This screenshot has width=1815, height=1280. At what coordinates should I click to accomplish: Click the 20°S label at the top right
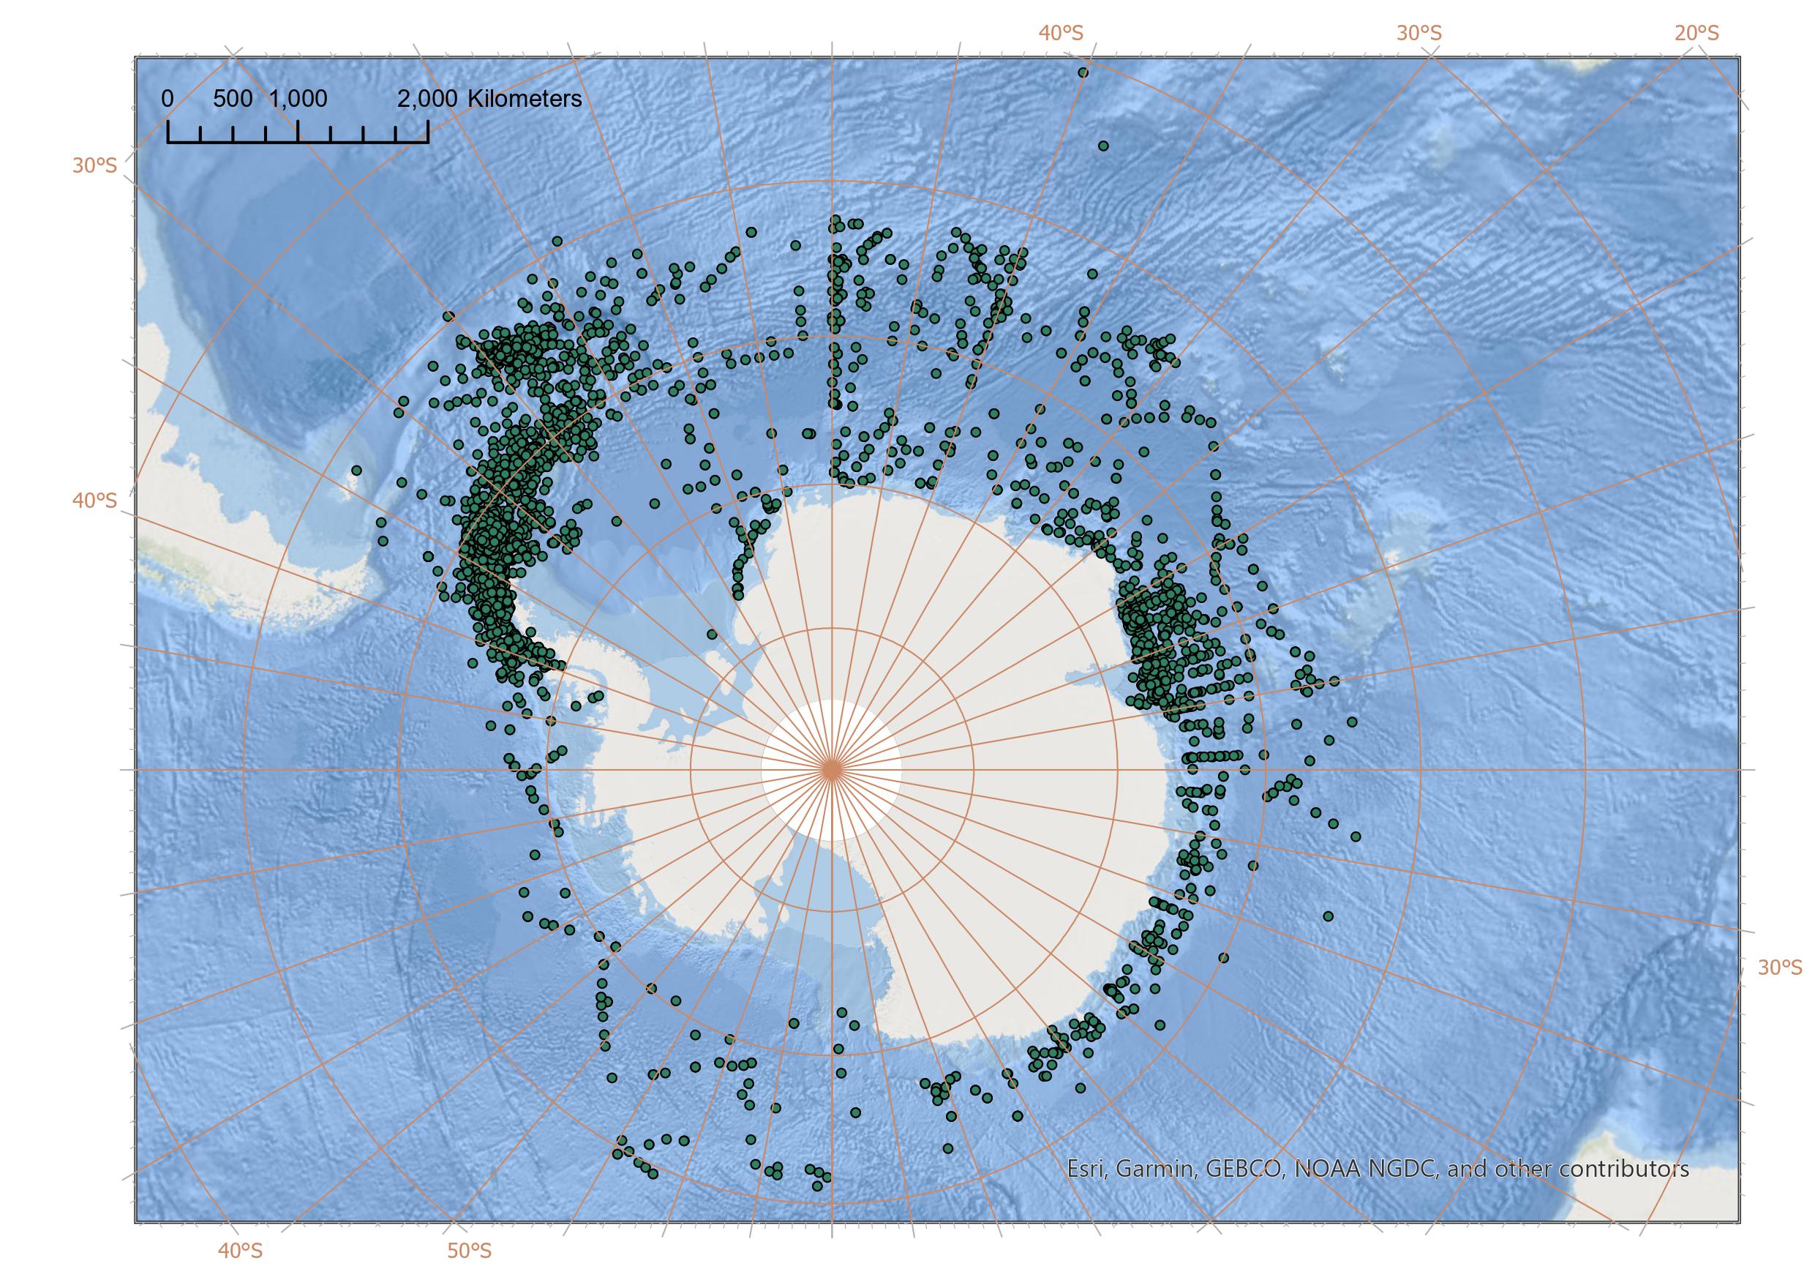pos(1696,33)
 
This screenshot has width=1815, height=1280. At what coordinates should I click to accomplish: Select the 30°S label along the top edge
pos(1419,33)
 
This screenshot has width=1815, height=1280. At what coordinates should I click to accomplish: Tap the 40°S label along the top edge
pos(1061,33)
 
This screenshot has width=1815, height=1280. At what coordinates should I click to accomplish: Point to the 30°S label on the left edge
pos(94,165)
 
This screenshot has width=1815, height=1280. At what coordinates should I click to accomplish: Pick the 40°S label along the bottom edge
pos(240,1250)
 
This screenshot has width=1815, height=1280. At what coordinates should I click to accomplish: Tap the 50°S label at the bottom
pos(470,1250)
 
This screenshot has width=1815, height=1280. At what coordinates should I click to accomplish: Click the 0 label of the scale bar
pos(168,99)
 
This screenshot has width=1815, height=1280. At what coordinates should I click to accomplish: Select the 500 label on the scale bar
pos(233,99)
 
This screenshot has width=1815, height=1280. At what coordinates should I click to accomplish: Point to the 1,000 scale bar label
pos(298,99)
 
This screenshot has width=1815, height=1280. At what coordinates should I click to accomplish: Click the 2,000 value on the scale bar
pos(428,99)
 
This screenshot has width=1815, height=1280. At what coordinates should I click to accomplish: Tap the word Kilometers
pos(525,99)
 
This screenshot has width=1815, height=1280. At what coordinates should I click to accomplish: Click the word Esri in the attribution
pos(1086,1169)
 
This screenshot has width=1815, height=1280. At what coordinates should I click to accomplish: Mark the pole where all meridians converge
pos(832,769)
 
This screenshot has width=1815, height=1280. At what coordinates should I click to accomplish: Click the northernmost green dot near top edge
pos(1083,72)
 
